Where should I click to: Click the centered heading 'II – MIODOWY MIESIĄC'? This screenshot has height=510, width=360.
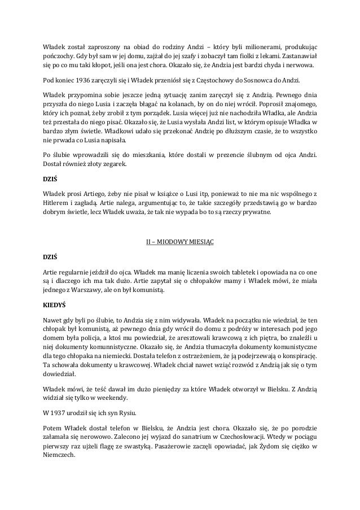click(180, 243)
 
